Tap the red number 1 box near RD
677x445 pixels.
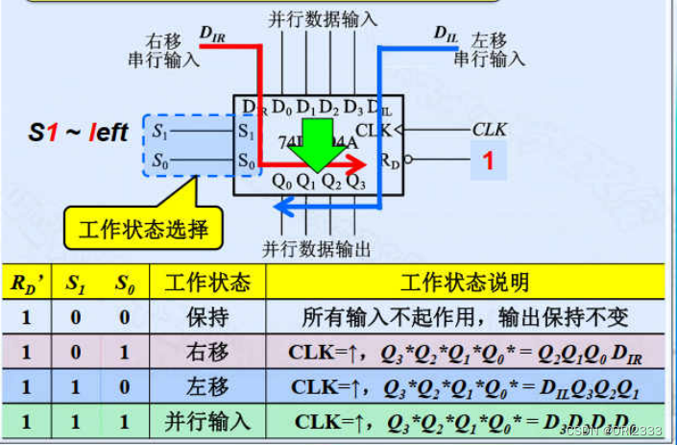pos(487,161)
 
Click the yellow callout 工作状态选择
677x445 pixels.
pos(143,230)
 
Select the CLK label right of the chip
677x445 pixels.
pos(489,128)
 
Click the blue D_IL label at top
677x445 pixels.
pos(446,35)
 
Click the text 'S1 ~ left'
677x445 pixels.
pos(77,133)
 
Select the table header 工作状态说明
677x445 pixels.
pos(464,283)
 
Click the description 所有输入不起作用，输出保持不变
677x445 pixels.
pos(465,317)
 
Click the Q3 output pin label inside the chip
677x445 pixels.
pos(354,179)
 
